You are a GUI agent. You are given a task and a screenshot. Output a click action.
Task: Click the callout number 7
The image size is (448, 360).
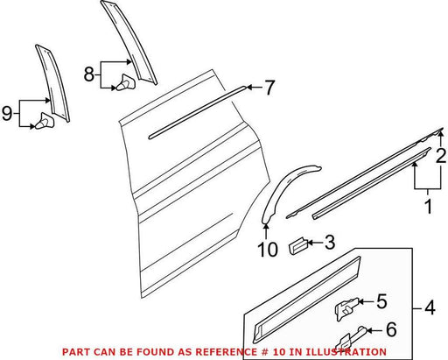pos(269,88)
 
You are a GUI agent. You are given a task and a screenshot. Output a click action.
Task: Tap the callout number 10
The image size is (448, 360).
pos(268,250)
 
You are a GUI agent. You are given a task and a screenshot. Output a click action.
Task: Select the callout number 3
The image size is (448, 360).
pos(330,243)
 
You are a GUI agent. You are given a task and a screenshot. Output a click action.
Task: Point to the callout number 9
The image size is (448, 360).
pos(7,113)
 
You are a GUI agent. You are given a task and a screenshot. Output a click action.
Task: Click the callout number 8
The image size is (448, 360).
pos(89,74)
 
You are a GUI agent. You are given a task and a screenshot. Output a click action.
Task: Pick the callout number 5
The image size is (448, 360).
pos(381,301)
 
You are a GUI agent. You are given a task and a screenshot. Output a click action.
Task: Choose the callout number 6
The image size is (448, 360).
pos(391,329)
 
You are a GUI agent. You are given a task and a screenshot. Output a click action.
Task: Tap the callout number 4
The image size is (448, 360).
pos(430,307)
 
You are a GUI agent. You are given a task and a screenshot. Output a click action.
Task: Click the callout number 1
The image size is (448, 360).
pos(428,206)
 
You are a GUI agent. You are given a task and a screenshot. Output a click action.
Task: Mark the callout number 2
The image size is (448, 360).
pos(441,156)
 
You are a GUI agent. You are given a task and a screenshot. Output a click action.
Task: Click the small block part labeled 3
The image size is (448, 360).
pos(297,246)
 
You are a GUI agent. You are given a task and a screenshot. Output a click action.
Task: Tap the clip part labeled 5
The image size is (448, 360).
pos(347,309)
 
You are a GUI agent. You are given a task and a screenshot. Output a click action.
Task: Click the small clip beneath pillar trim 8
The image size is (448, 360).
pos(126,82)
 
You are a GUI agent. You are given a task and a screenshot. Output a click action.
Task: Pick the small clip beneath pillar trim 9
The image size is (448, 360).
pos(45,121)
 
